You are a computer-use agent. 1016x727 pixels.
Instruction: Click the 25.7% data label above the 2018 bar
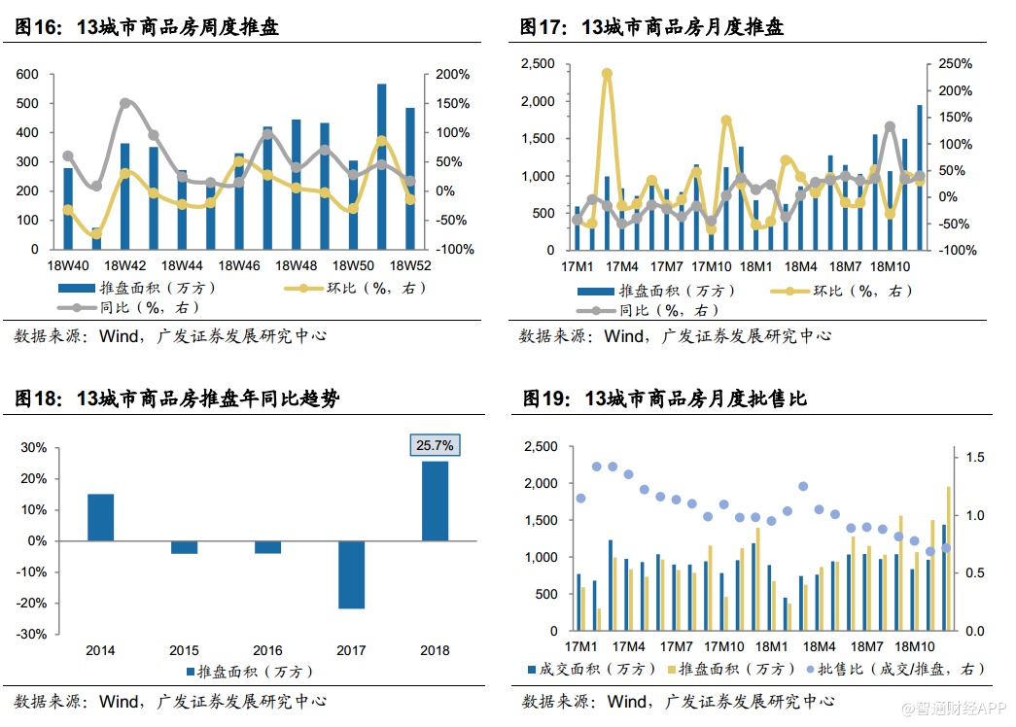tap(435, 445)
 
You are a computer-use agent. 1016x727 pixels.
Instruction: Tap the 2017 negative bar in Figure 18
tap(351, 574)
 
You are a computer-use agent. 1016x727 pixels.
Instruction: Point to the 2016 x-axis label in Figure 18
tap(267, 650)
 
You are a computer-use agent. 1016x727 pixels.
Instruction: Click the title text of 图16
tap(147, 27)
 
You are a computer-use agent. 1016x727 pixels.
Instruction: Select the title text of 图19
tap(665, 398)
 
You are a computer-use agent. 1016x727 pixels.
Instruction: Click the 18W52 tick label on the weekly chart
tap(410, 265)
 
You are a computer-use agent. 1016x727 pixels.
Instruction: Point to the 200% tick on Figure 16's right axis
tap(452, 75)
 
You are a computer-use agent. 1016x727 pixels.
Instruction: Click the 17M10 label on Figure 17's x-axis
tap(718, 266)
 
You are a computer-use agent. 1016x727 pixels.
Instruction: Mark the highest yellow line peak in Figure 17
tap(607, 73)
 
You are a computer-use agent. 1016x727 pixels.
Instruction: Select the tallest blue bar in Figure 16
tap(382, 166)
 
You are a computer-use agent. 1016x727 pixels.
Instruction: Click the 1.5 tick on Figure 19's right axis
tap(974, 457)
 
